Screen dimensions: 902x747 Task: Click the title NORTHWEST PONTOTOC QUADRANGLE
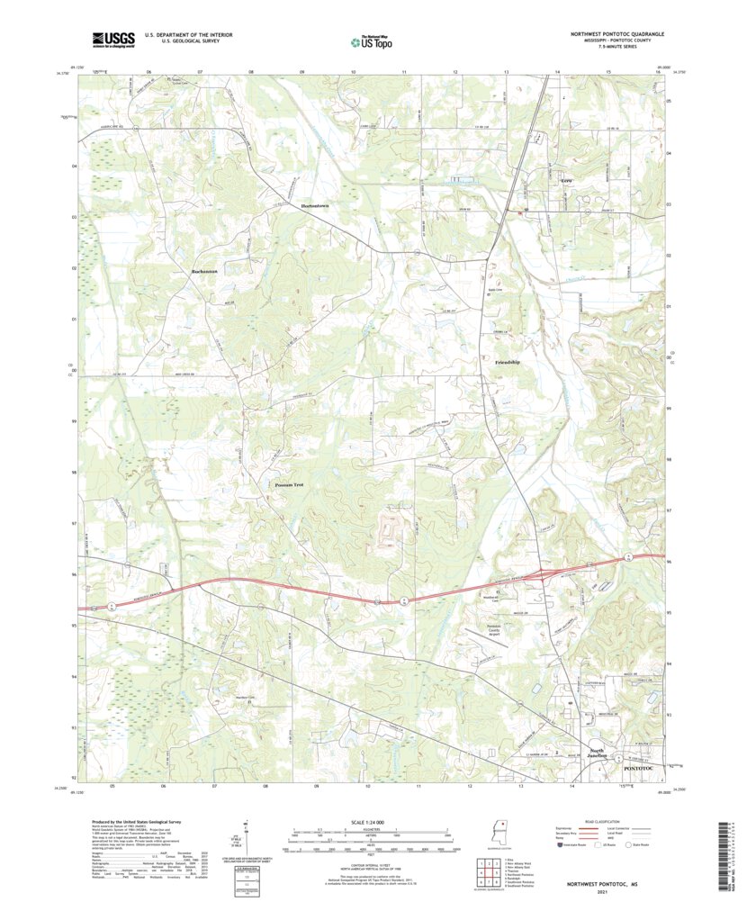(x=616, y=33)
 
